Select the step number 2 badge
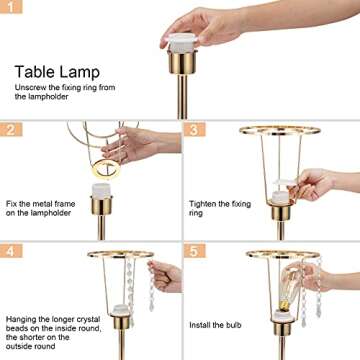pos(9,129)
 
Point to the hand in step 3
pos(320,184)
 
